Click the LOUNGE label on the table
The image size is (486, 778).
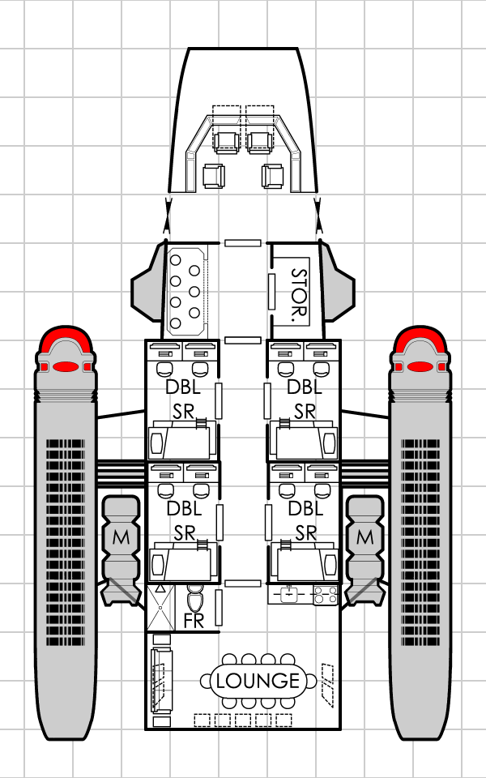tap(258, 681)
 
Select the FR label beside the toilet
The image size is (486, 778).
tap(194, 622)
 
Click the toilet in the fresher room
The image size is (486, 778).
tap(195, 601)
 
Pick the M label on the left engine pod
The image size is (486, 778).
tap(122, 536)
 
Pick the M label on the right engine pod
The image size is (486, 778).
tap(364, 536)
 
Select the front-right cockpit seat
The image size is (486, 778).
tap(259, 141)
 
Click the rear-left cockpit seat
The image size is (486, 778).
tap(213, 176)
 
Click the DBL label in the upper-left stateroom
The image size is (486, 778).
tap(183, 388)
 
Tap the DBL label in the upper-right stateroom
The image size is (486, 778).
tap(305, 388)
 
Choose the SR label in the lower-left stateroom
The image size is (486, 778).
tap(183, 532)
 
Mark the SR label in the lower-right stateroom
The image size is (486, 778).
tap(305, 532)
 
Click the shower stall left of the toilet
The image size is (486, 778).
tap(161, 608)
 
